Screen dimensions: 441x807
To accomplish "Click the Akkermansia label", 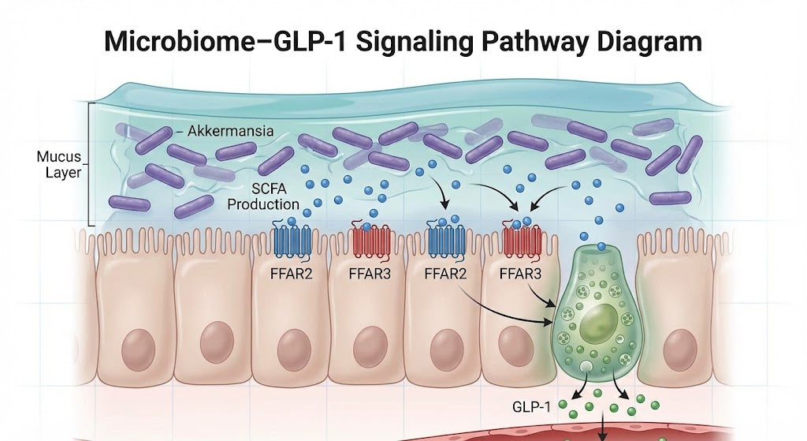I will pyautogui.click(x=230, y=132).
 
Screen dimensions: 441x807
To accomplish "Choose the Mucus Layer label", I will pyautogui.click(x=59, y=164).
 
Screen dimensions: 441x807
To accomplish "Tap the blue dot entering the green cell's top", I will pyautogui.click(x=601, y=247).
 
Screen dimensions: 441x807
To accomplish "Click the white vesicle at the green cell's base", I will pyautogui.click(x=586, y=368).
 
